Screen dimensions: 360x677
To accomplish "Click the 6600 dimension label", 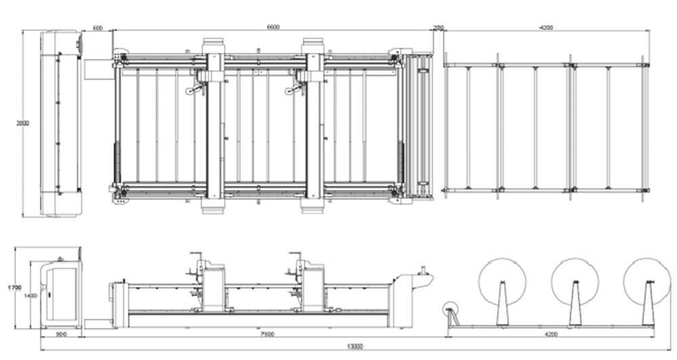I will click(x=273, y=26).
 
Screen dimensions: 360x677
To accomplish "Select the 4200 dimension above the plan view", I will click(x=546, y=27).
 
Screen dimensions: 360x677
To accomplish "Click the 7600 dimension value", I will click(x=257, y=334).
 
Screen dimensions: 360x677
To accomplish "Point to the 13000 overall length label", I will click(x=355, y=346).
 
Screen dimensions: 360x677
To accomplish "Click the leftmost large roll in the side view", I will click(x=502, y=282).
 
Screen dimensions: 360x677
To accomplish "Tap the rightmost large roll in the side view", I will click(x=647, y=282).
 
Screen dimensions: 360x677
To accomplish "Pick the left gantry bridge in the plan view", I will click(x=215, y=125).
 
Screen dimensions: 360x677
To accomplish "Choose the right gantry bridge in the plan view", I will click(x=313, y=125).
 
